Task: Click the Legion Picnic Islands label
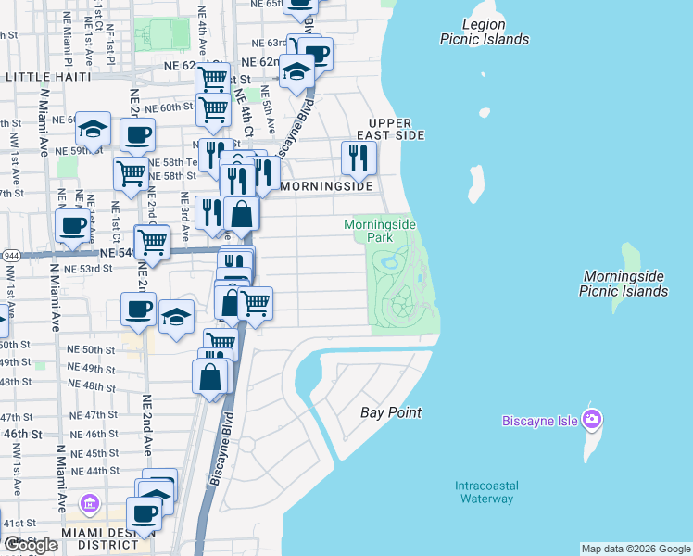pyautogui.click(x=485, y=32)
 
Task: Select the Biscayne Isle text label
pyautogui.click(x=540, y=421)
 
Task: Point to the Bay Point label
pyautogui.click(x=390, y=412)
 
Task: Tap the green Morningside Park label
pyautogui.click(x=379, y=231)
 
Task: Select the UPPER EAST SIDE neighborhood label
pyautogui.click(x=397, y=129)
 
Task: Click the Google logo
pyautogui.click(x=31, y=545)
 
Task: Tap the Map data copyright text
pyautogui.click(x=636, y=549)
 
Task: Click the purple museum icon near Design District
pyautogui.click(x=90, y=504)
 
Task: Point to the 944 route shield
pyautogui.click(x=10, y=253)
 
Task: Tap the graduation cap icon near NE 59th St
pyautogui.click(x=93, y=128)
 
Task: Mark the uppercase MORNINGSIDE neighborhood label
pyautogui.click(x=327, y=186)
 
